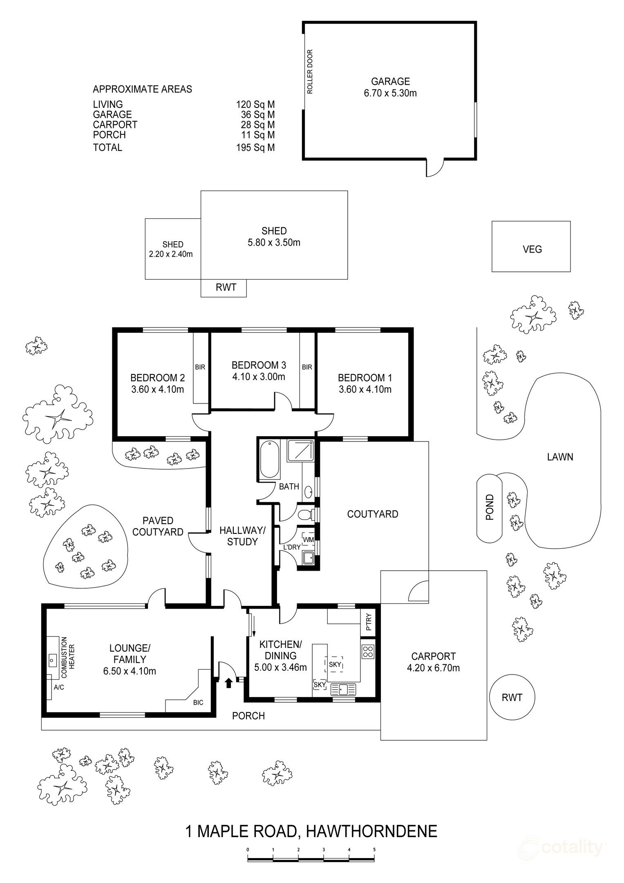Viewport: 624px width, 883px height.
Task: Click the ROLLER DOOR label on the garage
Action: [310, 72]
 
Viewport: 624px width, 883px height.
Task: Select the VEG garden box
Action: [531, 247]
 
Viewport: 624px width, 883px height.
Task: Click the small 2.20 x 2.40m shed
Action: [173, 249]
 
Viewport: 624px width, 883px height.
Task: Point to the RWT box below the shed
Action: [224, 288]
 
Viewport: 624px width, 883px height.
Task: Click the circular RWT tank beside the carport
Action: [512, 697]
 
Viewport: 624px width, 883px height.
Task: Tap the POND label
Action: [490, 507]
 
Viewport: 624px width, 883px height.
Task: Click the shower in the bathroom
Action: [301, 451]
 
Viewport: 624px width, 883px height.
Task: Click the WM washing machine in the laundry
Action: [308, 540]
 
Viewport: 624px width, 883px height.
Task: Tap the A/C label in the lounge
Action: [59, 687]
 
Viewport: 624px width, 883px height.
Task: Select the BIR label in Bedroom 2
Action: [200, 367]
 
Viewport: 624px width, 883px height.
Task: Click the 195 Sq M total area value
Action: [255, 147]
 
